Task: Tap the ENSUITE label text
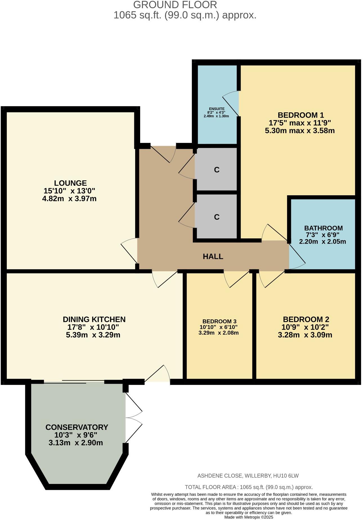(217, 109)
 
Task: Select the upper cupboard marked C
(216, 170)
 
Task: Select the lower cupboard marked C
(216, 217)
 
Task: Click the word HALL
(213, 256)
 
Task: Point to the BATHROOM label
(323, 228)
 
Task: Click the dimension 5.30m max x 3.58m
(300, 131)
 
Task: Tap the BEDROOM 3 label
(219, 321)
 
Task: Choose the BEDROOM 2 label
(306, 319)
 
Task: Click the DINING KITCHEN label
(94, 319)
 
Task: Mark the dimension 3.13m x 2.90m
(76, 443)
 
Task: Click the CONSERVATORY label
(77, 427)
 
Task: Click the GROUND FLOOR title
(175, 5)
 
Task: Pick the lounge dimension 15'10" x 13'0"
(69, 191)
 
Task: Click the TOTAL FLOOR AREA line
(248, 487)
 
